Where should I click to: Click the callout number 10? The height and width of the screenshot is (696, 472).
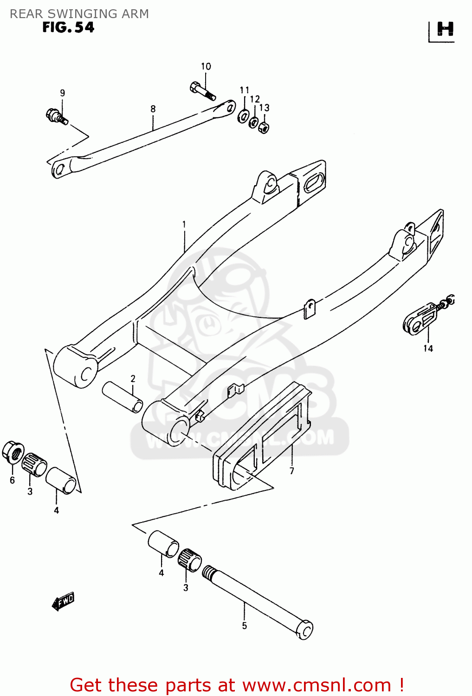(x=206, y=66)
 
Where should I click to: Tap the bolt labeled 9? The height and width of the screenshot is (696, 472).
(x=57, y=116)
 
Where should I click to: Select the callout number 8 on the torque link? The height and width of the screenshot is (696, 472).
(x=153, y=109)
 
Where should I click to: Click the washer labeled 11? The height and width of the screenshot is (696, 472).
(x=243, y=116)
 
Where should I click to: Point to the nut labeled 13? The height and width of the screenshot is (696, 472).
(x=263, y=127)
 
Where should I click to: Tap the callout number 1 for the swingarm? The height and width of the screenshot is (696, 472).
(x=184, y=225)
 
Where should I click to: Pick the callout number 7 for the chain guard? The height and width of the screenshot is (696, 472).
(x=291, y=471)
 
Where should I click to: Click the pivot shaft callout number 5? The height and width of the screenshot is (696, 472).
(x=244, y=626)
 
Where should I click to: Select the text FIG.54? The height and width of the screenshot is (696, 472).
(x=68, y=27)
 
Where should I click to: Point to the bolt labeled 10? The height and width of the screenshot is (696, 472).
(x=202, y=90)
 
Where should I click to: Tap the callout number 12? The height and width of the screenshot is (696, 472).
(x=255, y=99)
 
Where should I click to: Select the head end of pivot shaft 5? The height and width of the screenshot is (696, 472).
(x=304, y=630)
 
